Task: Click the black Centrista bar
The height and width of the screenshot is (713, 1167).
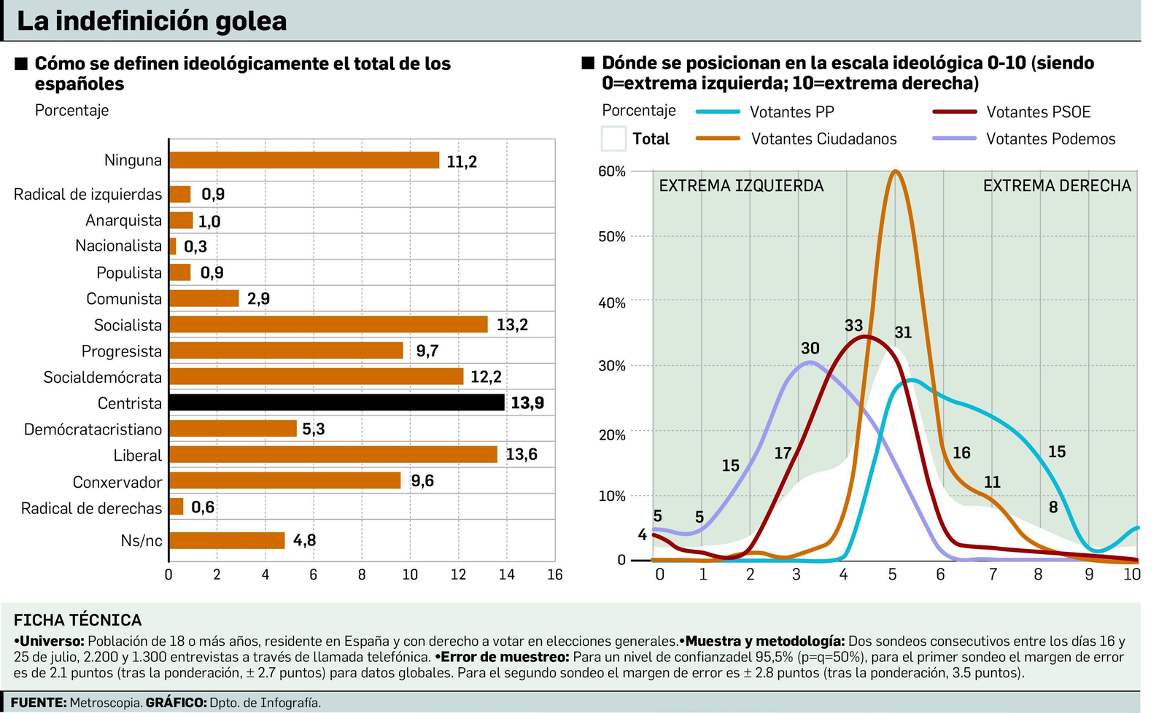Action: coord(336,402)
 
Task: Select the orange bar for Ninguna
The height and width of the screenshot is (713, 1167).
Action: coord(304,160)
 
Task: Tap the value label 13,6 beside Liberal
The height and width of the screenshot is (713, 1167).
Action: coord(522,455)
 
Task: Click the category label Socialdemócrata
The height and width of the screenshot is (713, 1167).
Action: coord(103,377)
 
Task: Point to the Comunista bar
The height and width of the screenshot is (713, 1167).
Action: coord(204,298)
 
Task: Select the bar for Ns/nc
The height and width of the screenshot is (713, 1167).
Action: coord(227,540)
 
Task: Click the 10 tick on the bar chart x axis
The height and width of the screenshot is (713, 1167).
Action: coord(410,574)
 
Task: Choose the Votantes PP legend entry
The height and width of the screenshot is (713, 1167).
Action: coord(791,112)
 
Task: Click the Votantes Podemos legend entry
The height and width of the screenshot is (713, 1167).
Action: coord(1050,139)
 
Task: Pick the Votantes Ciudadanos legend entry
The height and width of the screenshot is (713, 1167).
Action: coord(823,139)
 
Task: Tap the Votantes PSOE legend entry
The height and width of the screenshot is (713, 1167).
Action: coord(1038,112)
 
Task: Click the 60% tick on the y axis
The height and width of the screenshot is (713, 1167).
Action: coord(612,171)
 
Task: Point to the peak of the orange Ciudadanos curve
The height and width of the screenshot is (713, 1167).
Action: coord(895,172)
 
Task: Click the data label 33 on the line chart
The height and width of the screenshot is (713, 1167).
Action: coord(853,326)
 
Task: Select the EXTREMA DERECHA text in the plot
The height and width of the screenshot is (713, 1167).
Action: coord(1057,186)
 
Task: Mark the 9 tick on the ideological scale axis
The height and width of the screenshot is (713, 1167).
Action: coord(1089,574)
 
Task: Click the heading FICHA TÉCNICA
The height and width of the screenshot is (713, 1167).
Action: coord(77,620)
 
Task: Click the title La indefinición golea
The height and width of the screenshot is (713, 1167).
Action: coord(152,21)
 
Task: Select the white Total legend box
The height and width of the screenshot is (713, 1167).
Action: coord(613,139)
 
